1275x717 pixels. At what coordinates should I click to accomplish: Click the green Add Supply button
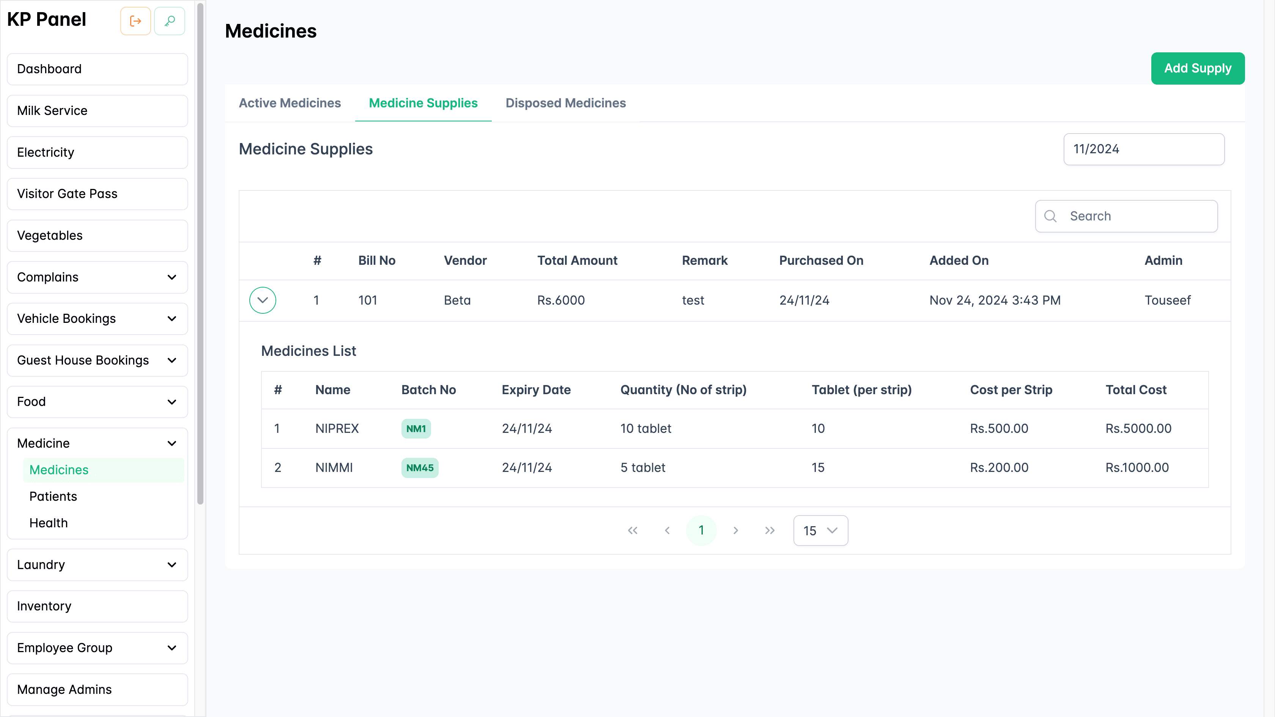coord(1197,68)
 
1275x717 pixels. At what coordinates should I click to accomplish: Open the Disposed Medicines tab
coord(565,103)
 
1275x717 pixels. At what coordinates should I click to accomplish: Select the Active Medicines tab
coord(290,103)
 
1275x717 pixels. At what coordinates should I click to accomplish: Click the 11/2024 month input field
coord(1143,149)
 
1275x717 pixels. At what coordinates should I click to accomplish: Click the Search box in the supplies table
coord(1133,216)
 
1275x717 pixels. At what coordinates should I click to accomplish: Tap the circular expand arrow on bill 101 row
coord(262,300)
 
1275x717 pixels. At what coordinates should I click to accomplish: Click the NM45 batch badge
coord(419,468)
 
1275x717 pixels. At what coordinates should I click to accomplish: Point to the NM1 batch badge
coord(416,429)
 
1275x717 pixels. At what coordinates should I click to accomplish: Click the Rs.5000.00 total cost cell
coord(1138,429)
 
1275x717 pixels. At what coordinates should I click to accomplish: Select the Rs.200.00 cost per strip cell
coord(999,468)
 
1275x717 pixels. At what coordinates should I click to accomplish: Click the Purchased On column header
coord(821,261)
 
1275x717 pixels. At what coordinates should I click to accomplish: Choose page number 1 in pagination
coord(701,530)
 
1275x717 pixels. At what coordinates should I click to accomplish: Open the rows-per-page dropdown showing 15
coord(820,530)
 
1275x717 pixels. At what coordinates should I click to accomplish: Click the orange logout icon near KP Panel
coord(135,21)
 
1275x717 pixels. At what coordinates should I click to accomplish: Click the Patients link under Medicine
coord(53,496)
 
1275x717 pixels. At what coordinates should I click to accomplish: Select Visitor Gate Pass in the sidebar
coord(67,194)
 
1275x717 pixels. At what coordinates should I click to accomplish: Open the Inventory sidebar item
coord(44,606)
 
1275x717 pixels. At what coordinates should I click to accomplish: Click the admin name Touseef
coord(1167,300)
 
